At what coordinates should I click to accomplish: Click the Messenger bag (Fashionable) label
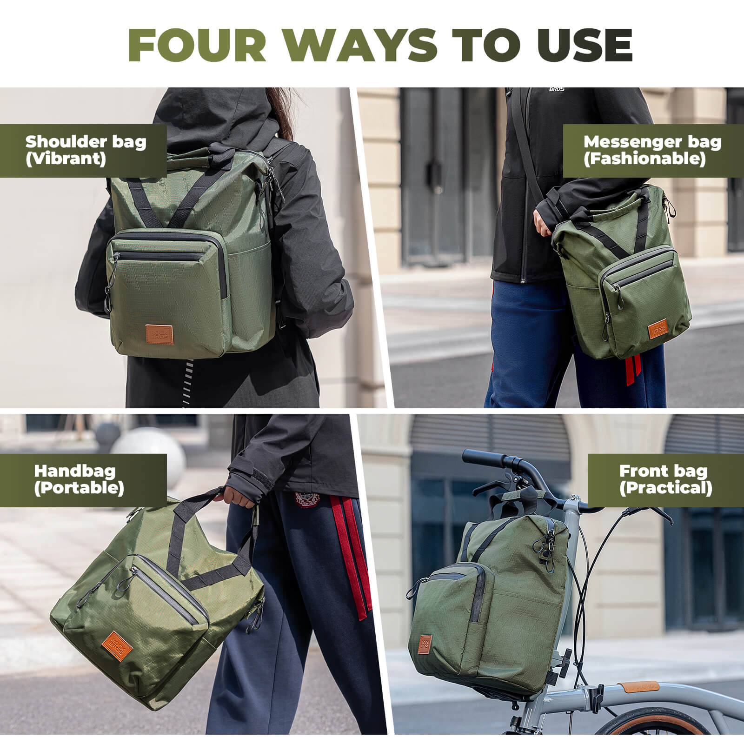tap(652, 150)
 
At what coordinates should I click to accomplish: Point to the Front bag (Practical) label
tap(665, 480)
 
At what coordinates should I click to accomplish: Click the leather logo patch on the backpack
tap(159, 334)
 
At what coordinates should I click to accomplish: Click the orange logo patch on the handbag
tap(117, 644)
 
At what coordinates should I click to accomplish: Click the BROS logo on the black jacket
tap(557, 88)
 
